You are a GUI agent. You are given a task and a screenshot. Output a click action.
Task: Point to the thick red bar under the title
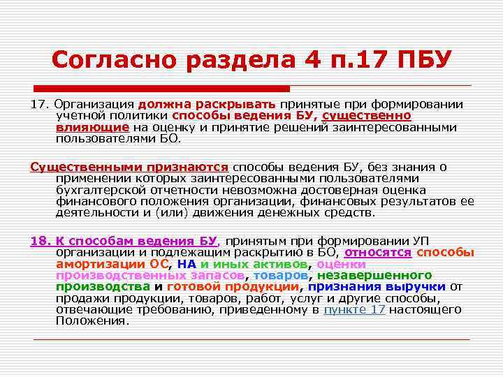(x=161, y=89)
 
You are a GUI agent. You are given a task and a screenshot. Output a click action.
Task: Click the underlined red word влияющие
(x=92, y=127)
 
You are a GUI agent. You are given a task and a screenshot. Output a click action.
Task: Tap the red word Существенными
(x=79, y=167)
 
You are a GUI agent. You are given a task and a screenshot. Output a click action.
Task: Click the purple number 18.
(x=40, y=241)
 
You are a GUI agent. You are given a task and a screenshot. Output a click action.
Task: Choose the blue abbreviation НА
(x=187, y=264)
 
